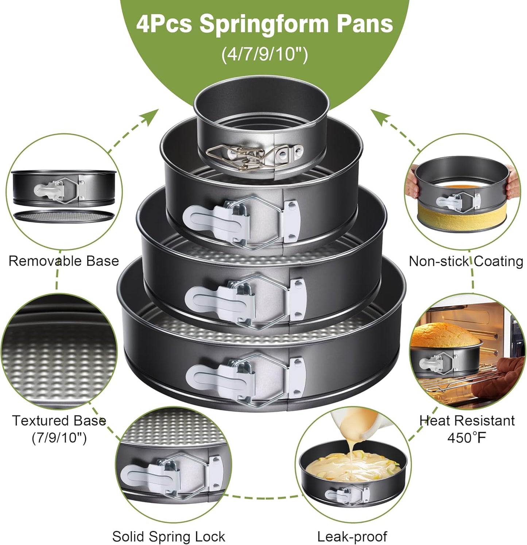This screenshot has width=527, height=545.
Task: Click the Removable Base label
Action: [x=64, y=261]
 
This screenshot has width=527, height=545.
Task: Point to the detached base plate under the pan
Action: [x=64, y=216]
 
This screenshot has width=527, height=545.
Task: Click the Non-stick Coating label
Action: [x=466, y=261]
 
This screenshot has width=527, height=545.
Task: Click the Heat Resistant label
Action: [x=467, y=421]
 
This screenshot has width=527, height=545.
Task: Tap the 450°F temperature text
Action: [x=467, y=437]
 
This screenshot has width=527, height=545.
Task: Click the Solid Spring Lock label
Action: [x=168, y=537]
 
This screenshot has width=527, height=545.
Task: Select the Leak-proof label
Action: [x=352, y=537]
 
